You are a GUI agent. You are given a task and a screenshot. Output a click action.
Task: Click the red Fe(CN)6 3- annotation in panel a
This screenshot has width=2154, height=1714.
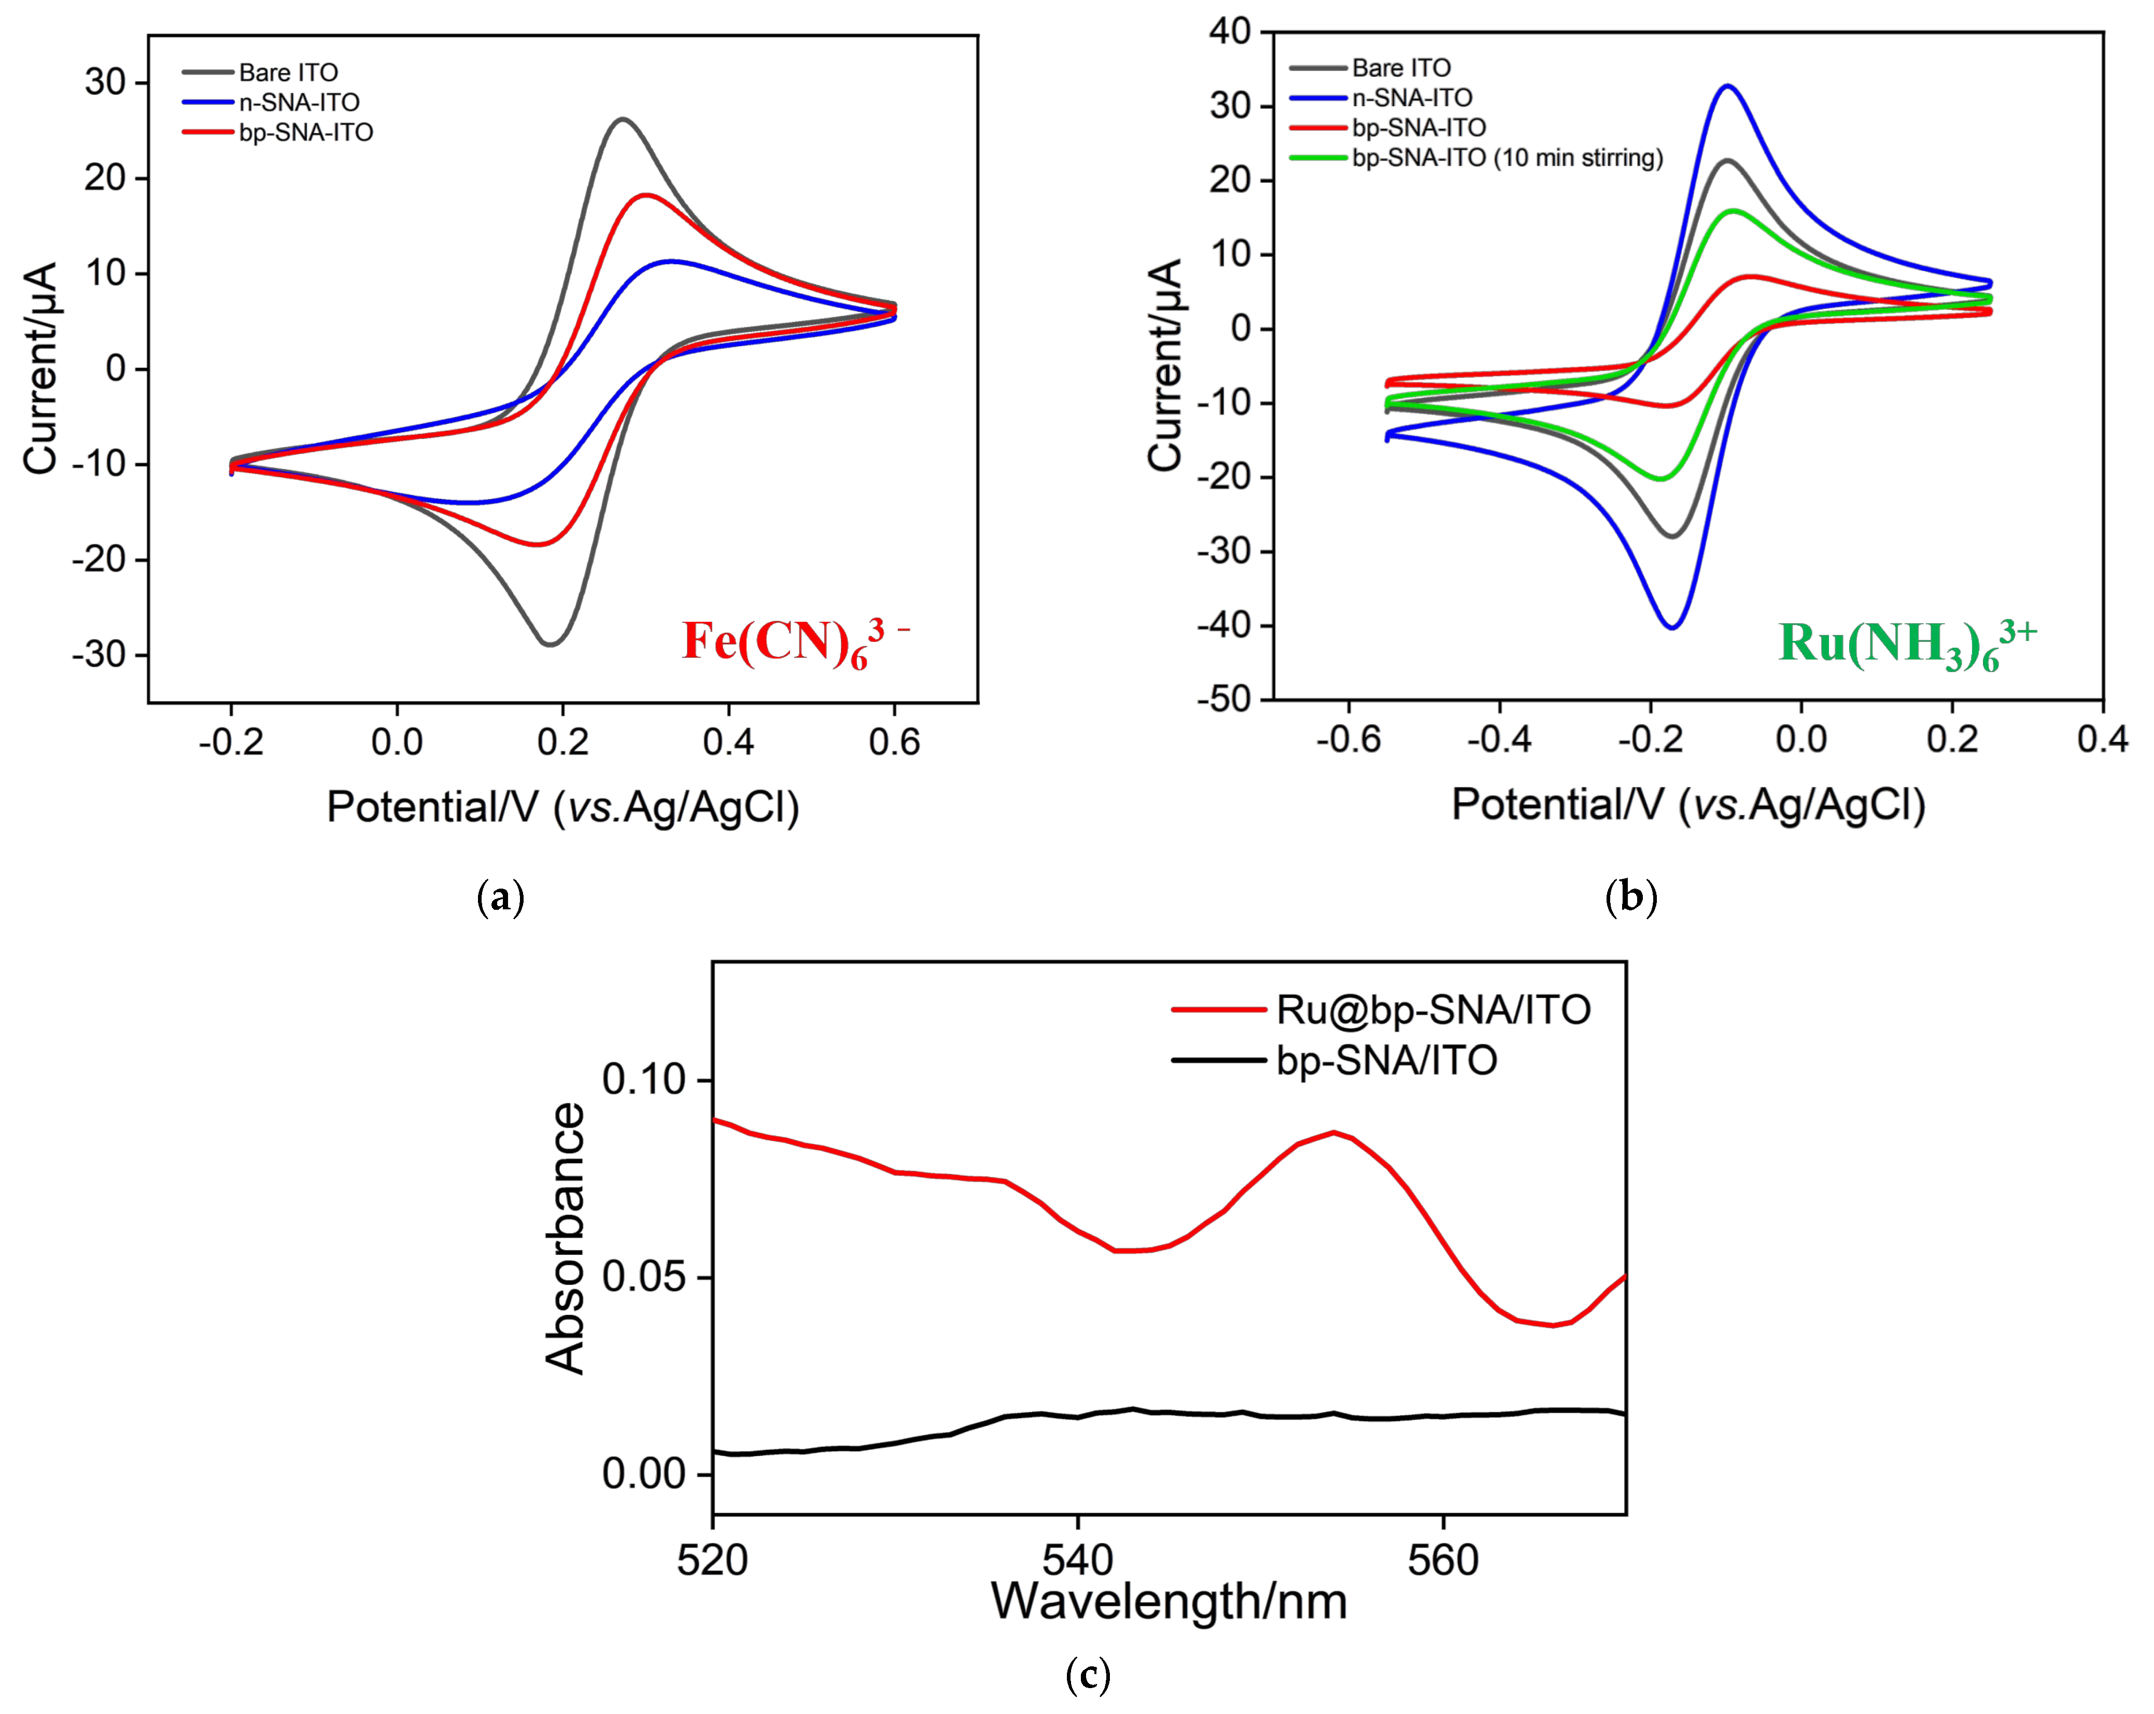794,641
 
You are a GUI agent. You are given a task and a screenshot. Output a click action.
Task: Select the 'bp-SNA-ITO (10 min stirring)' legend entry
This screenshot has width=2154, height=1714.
1507,158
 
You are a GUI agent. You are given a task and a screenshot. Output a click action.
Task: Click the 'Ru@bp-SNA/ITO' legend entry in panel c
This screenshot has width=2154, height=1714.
1433,1010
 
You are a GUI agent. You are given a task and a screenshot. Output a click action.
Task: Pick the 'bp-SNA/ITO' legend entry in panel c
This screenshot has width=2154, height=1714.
1387,1060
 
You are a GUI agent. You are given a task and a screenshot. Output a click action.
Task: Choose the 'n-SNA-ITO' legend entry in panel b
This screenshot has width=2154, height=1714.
1412,98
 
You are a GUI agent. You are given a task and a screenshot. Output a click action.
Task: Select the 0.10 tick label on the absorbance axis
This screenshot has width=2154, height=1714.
644,1080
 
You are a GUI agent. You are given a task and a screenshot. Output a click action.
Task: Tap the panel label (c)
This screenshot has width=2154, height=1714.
1088,1674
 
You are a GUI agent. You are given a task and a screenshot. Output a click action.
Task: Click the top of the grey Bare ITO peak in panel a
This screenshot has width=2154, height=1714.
624,119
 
